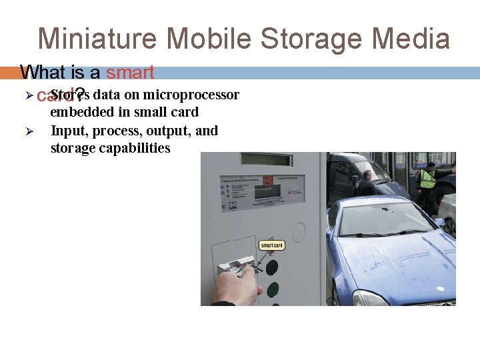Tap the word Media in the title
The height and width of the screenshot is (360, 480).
point(411,39)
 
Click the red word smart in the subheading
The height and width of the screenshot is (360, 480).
point(130,72)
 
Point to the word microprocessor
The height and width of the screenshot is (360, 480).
point(191,95)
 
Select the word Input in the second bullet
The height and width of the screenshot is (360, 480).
point(67,130)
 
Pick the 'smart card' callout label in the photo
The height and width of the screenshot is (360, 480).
point(272,245)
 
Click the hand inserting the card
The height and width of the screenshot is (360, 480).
point(237,287)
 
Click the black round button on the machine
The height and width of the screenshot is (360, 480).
point(272,267)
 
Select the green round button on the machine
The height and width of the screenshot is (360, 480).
point(273,290)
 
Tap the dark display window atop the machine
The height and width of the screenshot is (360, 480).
point(266,159)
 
